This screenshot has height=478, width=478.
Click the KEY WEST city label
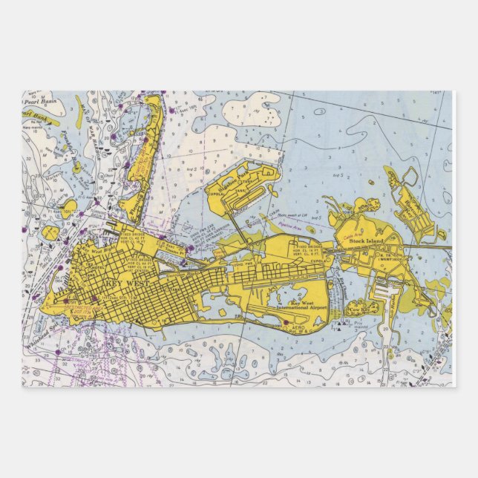click(111, 283)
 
